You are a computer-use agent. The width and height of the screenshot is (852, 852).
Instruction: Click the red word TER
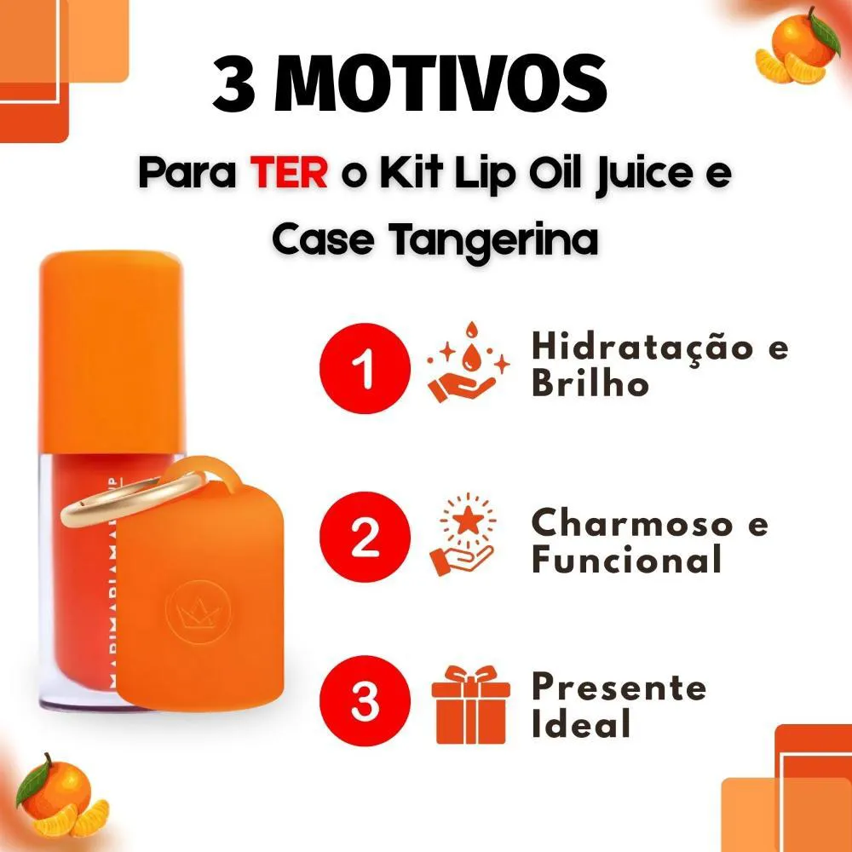point(289,173)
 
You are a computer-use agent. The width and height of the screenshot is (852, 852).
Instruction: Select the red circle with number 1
point(365,368)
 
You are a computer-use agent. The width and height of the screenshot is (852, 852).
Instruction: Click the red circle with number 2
point(365,537)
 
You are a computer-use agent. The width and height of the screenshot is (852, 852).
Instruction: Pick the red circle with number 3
point(365,700)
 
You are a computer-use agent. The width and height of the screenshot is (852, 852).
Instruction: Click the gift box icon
point(470,705)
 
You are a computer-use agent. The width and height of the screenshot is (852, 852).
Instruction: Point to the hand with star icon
point(463,534)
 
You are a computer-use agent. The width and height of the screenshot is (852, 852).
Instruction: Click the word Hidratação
point(642,348)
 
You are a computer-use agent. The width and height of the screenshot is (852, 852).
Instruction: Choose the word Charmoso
point(632,524)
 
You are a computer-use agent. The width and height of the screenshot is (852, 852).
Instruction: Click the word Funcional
point(626,560)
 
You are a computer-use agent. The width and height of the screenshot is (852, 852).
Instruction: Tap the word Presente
point(619,688)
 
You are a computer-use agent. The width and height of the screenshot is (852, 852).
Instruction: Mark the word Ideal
point(581,723)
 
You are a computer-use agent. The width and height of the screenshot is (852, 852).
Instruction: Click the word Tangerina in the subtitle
point(494,240)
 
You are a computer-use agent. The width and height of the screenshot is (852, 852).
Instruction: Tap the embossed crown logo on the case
point(199,612)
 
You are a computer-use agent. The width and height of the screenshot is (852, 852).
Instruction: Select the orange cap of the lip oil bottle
point(112,352)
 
